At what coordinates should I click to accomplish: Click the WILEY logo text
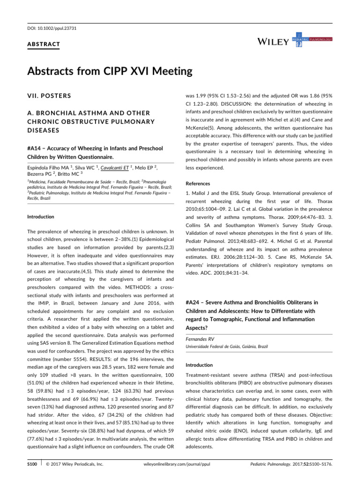click(273, 42)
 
